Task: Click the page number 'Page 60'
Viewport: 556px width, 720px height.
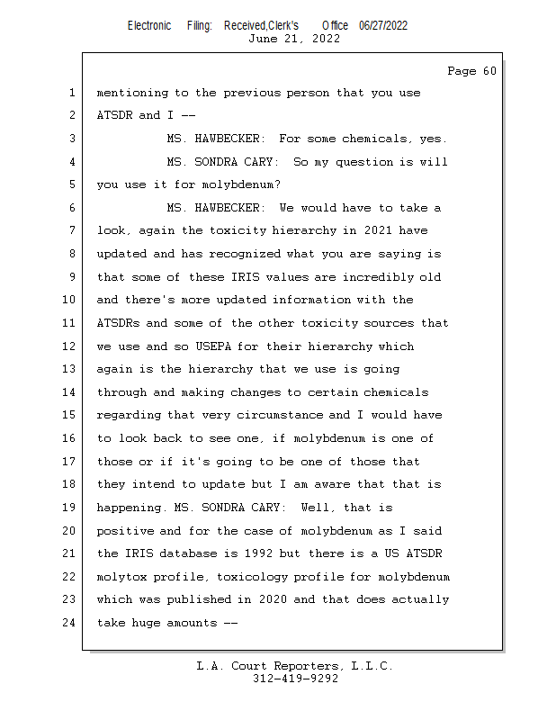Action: click(x=471, y=71)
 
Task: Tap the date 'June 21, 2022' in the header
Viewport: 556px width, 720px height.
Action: click(x=293, y=39)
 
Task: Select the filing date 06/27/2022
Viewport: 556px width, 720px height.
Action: click(x=383, y=25)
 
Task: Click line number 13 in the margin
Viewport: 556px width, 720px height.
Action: click(x=71, y=369)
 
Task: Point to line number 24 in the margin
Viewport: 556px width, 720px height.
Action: click(x=71, y=622)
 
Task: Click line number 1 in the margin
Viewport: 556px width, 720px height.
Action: click(x=71, y=93)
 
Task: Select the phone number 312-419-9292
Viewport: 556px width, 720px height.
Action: click(x=295, y=679)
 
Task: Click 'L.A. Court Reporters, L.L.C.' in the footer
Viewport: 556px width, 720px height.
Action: click(x=295, y=666)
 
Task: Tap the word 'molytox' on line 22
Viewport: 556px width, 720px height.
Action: click(x=121, y=576)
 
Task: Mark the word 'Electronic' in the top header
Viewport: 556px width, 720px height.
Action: click(x=149, y=25)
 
